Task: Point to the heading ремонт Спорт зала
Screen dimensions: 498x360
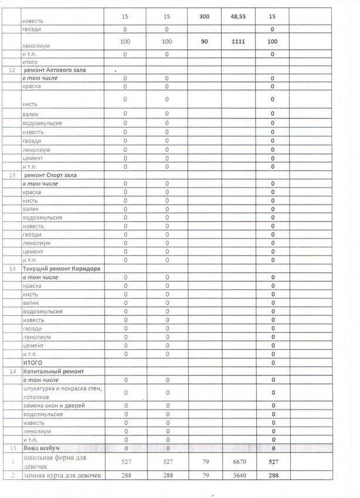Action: [52, 175]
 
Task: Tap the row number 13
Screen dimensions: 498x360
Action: [11, 175]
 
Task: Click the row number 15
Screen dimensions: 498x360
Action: [11, 448]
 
